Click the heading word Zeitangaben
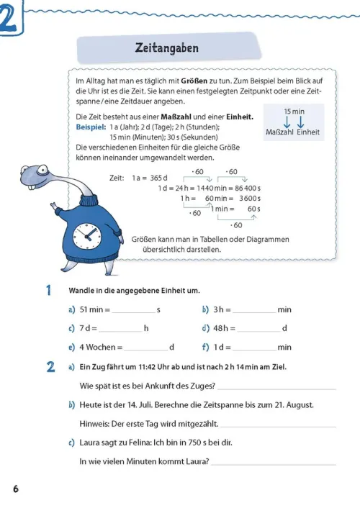click(x=167, y=48)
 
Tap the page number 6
click(x=16, y=489)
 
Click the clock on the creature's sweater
click(x=86, y=236)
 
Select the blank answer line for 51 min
click(x=134, y=312)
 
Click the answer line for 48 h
click(x=258, y=332)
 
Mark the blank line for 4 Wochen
click(x=146, y=350)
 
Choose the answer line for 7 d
click(x=120, y=332)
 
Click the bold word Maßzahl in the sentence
click(x=176, y=117)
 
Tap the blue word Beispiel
click(x=91, y=127)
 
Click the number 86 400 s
click(x=248, y=189)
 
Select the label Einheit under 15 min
click(x=308, y=132)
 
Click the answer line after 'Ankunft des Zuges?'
click(x=277, y=389)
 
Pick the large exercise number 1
click(x=49, y=290)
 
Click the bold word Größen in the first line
click(x=194, y=81)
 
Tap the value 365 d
click(x=158, y=178)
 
